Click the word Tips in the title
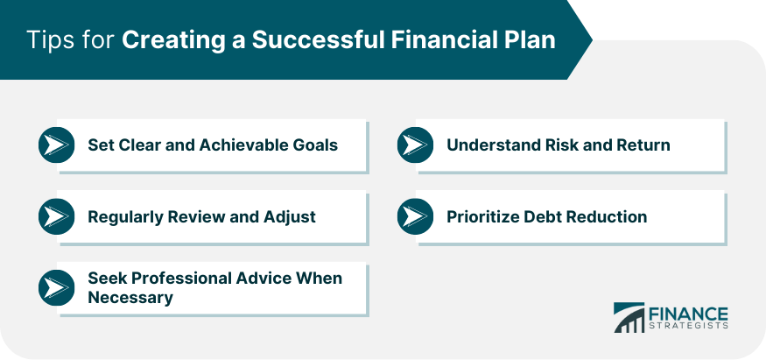[48, 39]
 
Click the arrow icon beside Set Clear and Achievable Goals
[57, 145]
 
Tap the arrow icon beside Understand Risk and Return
[415, 145]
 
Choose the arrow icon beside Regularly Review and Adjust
[57, 216]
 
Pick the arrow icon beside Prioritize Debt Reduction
[415, 216]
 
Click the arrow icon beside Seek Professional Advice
[57, 287]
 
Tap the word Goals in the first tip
[318, 145]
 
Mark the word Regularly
[125, 217]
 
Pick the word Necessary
[130, 298]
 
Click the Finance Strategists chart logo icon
[629, 317]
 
